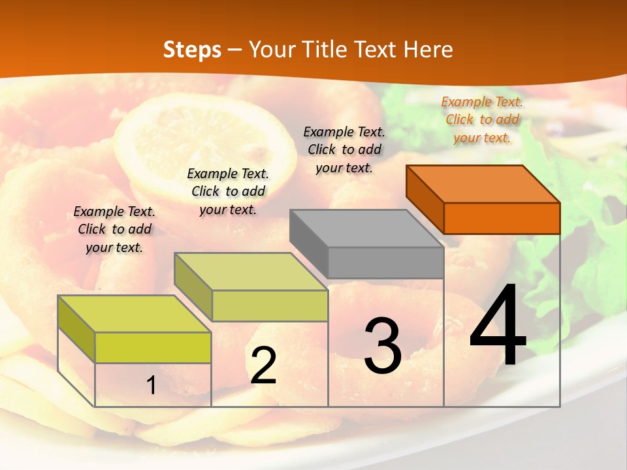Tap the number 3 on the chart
click(382, 346)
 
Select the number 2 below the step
click(263, 365)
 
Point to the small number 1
click(152, 386)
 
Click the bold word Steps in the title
click(192, 50)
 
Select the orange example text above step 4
click(482, 119)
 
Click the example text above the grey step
click(344, 149)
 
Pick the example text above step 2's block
click(228, 191)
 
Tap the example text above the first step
click(114, 229)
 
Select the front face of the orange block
click(502, 218)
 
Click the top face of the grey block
click(366, 228)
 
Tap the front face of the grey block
click(385, 262)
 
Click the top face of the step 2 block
click(251, 271)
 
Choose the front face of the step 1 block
click(153, 347)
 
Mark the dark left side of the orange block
click(425, 199)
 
